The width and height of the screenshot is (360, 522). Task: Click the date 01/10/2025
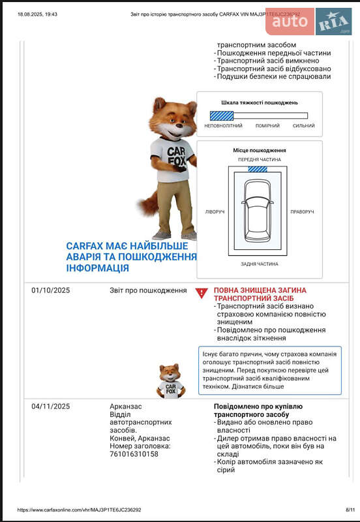(50, 290)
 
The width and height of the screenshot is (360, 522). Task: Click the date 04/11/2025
(50, 406)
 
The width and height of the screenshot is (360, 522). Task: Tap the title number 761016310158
(134, 453)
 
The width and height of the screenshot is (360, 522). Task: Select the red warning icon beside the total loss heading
(202, 294)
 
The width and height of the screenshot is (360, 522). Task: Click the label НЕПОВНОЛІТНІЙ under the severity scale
(223, 126)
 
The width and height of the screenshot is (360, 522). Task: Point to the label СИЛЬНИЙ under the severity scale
(303, 126)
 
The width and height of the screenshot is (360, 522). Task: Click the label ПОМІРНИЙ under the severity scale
(267, 126)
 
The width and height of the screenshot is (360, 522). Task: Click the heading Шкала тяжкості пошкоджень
(259, 102)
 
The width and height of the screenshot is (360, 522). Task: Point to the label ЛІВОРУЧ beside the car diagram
(215, 212)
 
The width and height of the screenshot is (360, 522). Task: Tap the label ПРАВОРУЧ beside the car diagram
(302, 212)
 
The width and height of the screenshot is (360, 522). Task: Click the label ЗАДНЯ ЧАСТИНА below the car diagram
(259, 264)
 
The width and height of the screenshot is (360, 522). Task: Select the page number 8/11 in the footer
(350, 510)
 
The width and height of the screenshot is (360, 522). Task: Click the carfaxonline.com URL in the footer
(80, 510)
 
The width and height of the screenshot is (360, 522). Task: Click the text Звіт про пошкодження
(147, 290)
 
